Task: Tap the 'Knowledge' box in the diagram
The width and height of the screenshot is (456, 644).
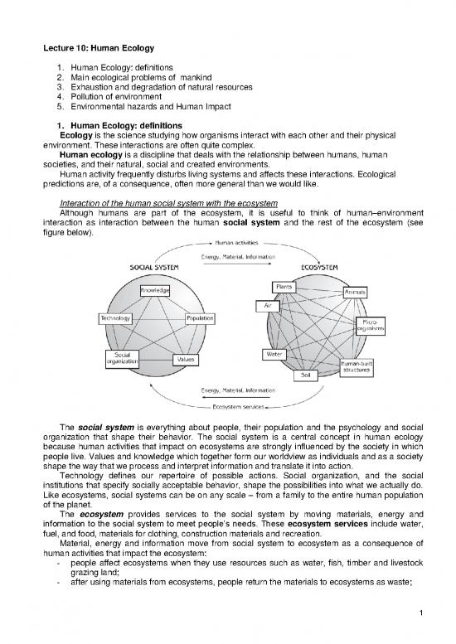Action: click(154, 291)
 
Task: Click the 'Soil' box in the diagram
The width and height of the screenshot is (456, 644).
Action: click(304, 374)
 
